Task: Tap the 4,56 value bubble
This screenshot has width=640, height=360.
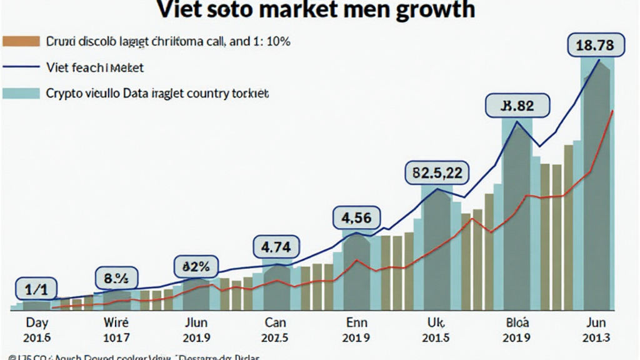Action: [356, 218]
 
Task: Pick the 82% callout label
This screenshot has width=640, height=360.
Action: [196, 267]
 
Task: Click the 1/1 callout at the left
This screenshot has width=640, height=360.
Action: [36, 289]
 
